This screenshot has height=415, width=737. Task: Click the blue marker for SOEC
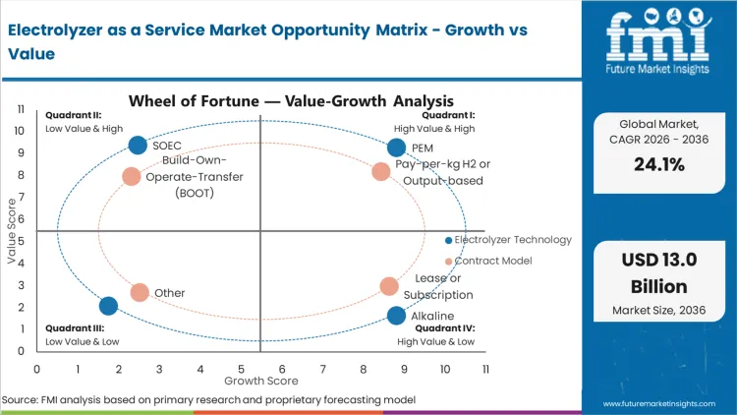138,146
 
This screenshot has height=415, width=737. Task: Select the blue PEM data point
396,148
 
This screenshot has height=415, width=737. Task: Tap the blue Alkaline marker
396,316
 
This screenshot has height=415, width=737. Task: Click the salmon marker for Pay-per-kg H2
381,172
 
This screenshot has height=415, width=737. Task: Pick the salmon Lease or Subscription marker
389,286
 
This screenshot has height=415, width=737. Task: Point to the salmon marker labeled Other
140,292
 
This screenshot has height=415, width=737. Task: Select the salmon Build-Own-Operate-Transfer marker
132,177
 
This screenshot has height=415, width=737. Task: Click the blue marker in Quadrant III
108,306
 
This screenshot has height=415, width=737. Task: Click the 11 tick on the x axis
484,369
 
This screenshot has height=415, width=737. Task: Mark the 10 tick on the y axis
21,131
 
